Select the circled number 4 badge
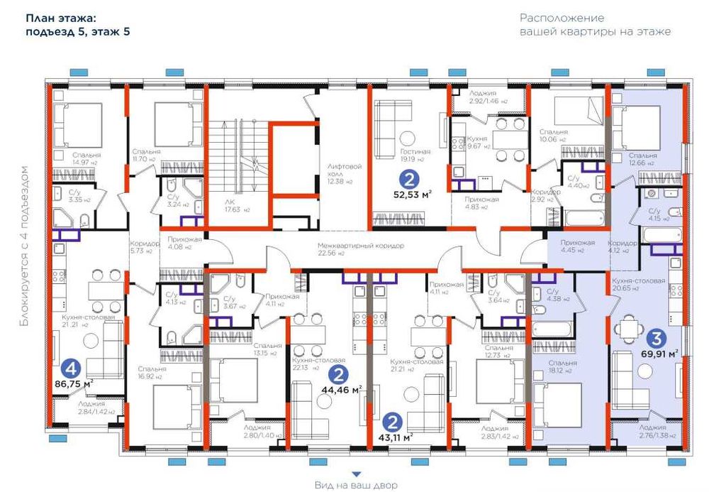tap(69, 368)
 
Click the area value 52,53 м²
tap(412, 192)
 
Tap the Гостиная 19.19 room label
tap(415, 155)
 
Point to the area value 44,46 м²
tap(342, 389)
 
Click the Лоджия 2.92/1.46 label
tap(489, 97)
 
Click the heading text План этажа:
tap(61, 17)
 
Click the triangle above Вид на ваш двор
tap(357, 474)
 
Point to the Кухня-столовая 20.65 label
tap(638, 284)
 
